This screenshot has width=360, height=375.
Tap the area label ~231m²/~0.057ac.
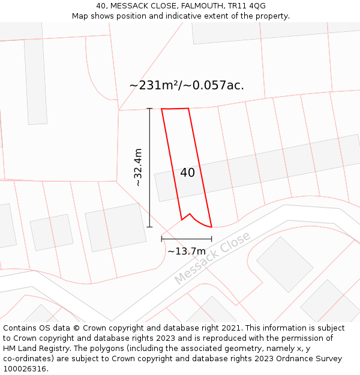coord(187,85)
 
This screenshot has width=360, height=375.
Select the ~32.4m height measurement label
coord(138,167)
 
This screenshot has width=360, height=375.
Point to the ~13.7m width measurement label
coord(187,251)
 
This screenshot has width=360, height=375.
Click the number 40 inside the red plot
coord(187,173)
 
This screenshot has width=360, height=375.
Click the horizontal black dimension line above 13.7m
coord(186,239)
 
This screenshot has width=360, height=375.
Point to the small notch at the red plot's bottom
coord(190,214)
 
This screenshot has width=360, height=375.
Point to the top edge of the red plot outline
coord(175,109)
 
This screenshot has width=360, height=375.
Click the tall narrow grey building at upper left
coord(35,82)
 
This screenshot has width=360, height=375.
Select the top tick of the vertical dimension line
coord(149,109)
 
